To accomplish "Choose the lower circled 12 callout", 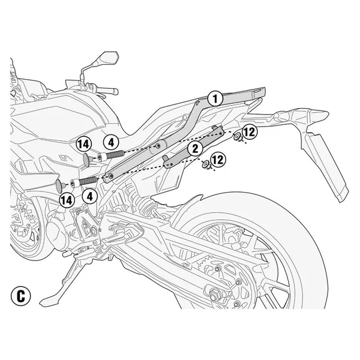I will (x=218, y=160).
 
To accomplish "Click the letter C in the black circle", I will (x=21, y=296).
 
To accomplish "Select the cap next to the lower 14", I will (x=61, y=184).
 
